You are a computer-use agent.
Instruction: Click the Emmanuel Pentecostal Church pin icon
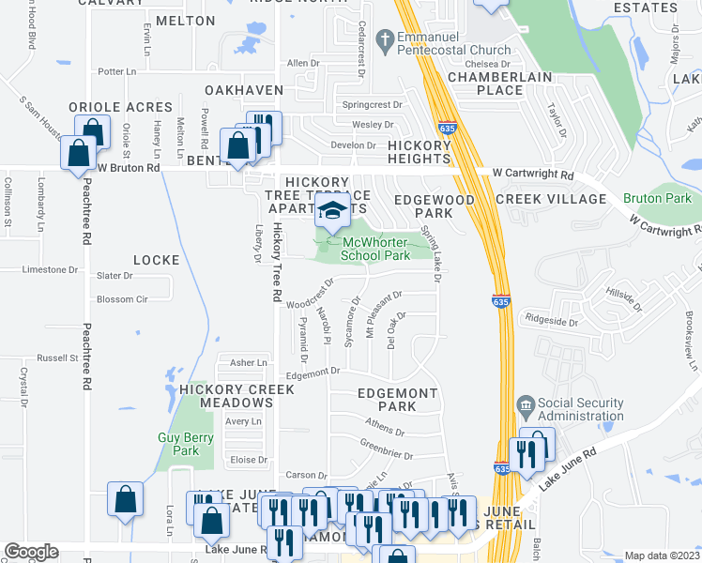click(x=383, y=40)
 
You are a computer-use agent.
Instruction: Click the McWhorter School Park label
click(x=374, y=249)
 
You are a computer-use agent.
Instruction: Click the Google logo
click(x=31, y=552)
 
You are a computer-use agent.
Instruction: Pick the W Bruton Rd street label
click(x=129, y=168)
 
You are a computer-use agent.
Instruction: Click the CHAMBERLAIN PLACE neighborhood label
click(x=485, y=83)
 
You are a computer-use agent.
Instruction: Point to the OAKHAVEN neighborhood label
click(x=244, y=89)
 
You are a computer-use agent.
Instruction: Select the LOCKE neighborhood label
click(x=156, y=259)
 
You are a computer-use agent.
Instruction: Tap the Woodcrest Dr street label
click(x=311, y=305)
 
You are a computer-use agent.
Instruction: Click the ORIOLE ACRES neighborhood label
click(x=119, y=108)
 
